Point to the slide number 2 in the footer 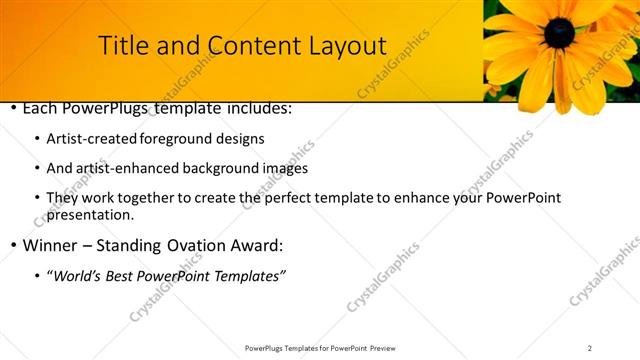coord(590,348)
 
